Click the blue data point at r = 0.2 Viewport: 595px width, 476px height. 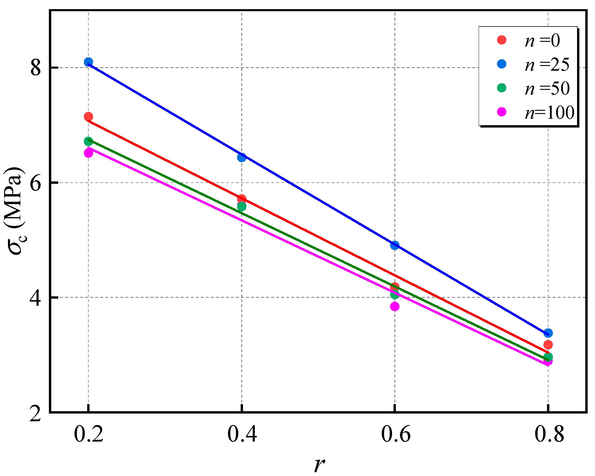[88, 62]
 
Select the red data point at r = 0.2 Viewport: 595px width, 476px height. [88, 117]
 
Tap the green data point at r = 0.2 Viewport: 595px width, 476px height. [88, 141]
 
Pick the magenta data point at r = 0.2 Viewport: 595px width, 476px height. [88, 153]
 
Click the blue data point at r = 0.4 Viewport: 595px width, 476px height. [242, 157]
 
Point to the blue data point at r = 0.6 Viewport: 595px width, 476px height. [395, 245]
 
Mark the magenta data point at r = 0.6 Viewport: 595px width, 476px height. [395, 306]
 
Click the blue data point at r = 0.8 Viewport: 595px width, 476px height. [548, 333]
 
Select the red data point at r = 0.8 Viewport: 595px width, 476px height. [548, 344]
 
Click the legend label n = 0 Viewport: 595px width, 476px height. [542, 40]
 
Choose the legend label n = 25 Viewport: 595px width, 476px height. [547, 65]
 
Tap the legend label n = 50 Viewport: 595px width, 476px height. [547, 88]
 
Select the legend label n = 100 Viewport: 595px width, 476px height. [549, 112]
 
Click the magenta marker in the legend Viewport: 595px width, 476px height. [502, 112]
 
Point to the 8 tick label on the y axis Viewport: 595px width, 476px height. [35, 68]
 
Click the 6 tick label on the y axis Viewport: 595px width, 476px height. [35, 183]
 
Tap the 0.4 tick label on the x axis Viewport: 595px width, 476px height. [242, 434]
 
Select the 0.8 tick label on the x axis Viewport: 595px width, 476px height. [549, 434]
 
